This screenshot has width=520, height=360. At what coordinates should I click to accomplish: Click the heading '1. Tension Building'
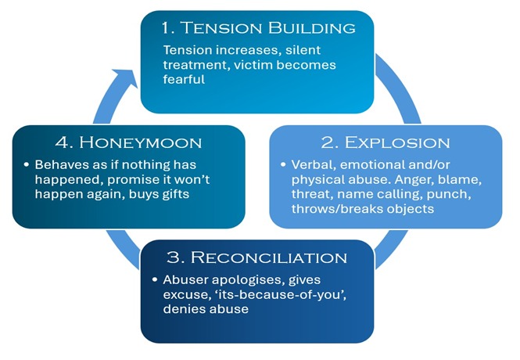[258, 29]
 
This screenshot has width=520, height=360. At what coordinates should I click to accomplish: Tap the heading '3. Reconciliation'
[258, 258]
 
